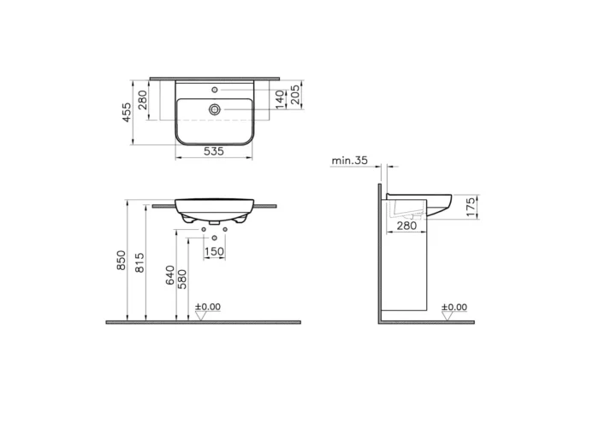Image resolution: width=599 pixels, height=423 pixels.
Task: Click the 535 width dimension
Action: (214, 151)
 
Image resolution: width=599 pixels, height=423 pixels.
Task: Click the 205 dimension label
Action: (294, 95)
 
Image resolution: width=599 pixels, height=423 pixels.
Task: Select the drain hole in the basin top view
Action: (215, 109)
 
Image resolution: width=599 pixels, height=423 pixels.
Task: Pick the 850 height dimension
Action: (122, 261)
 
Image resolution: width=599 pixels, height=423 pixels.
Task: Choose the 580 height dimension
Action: (183, 279)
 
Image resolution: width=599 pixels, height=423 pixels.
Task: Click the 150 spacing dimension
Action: (214, 251)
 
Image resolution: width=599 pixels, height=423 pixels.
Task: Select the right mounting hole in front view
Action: (225, 229)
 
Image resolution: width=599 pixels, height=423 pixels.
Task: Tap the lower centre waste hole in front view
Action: (214, 236)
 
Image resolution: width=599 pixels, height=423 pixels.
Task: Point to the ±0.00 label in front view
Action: (208, 306)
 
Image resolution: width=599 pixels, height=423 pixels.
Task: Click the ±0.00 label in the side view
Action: (454, 307)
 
